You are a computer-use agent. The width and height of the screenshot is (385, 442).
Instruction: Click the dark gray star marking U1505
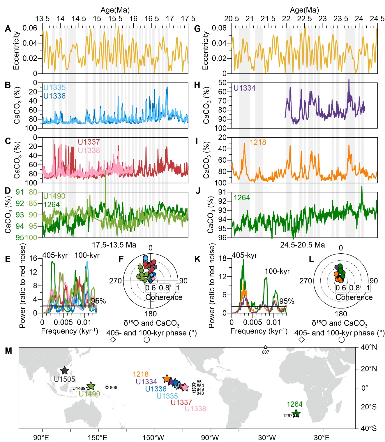(x=64, y=371)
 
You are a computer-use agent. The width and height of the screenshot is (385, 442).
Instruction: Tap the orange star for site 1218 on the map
(x=167, y=379)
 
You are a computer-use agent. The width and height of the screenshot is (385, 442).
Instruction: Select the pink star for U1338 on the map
(x=185, y=387)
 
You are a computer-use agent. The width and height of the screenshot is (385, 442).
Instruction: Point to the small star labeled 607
(x=265, y=348)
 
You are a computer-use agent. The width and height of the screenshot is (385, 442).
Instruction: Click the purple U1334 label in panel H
(x=244, y=88)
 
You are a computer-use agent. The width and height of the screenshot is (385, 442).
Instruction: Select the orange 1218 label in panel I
(x=258, y=142)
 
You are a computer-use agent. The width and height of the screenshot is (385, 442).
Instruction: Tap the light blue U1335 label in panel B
(x=54, y=87)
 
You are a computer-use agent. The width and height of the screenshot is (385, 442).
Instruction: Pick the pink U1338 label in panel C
(x=89, y=150)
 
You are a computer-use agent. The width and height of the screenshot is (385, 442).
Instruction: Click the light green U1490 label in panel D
(x=54, y=196)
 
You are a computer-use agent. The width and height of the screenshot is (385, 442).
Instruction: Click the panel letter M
(x=8, y=351)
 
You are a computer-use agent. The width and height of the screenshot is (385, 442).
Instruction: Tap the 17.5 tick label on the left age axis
(x=188, y=19)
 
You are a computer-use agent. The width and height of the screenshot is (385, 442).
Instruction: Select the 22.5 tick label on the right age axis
(x=304, y=19)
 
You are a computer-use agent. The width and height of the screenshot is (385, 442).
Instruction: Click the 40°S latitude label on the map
(x=369, y=428)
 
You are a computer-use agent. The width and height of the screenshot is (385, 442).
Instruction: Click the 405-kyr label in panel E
(x=55, y=255)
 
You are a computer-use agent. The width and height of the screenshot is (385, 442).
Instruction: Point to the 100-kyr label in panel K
(x=277, y=271)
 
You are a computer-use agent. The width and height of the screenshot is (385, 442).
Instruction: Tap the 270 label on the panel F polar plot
(x=115, y=281)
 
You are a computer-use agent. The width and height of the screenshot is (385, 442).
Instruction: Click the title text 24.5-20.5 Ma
(x=302, y=245)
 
